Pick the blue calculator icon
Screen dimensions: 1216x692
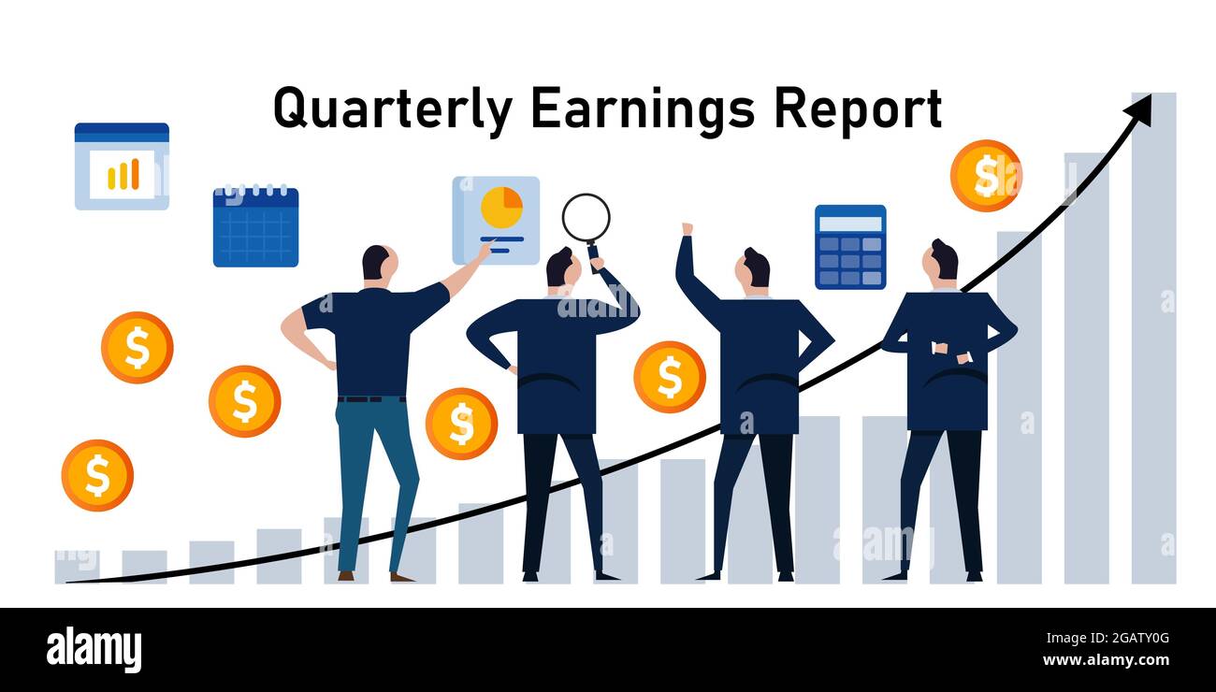[x=850, y=247]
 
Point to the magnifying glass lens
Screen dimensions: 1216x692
[x=586, y=217]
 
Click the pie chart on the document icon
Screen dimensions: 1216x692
[x=501, y=208]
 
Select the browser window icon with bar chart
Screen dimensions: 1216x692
[x=123, y=166]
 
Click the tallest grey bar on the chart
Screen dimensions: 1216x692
[x=1153, y=338]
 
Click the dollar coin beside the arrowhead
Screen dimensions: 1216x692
[x=986, y=175]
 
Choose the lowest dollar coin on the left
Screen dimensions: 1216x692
[x=97, y=475]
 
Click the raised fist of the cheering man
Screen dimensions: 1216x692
[x=688, y=228]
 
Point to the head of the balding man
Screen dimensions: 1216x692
[x=380, y=263]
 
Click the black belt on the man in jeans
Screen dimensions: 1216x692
[x=371, y=399]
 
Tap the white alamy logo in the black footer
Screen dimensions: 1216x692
[x=94, y=650]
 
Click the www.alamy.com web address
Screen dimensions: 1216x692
[x=1106, y=660]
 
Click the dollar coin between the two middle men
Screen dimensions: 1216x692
[x=670, y=377]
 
